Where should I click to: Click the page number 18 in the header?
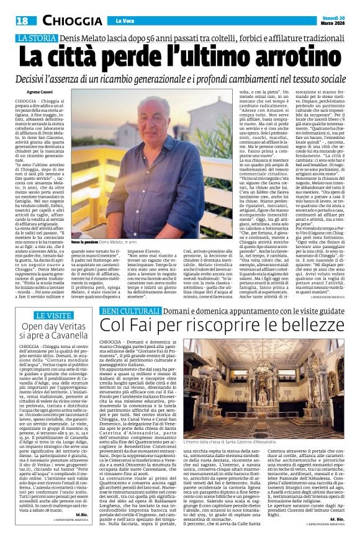(x=21, y=21)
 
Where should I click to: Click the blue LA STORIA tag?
(x=36, y=38)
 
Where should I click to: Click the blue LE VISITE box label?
(x=53, y=316)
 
